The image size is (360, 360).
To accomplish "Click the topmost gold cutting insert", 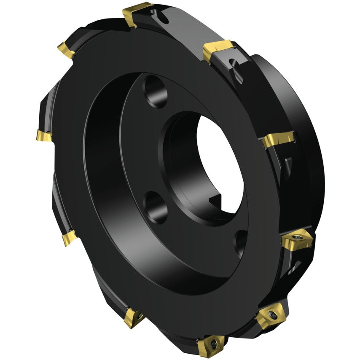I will coord(137,13).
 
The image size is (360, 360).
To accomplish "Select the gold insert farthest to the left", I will coord(44,136).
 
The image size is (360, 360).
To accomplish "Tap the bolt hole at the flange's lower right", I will coord(241,242).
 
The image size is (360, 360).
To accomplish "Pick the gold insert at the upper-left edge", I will coord(67,49).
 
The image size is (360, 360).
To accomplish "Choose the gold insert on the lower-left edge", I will coord(69,238).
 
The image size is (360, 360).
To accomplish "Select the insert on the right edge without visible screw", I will coord(278,140).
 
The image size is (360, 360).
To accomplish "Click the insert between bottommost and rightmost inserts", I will coord(271,316).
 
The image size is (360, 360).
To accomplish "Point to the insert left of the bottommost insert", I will coord(134,317).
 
